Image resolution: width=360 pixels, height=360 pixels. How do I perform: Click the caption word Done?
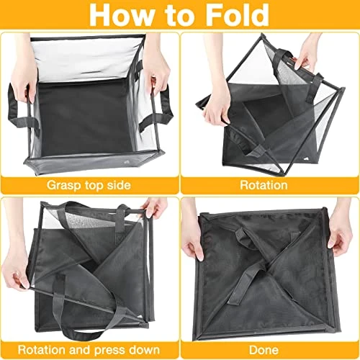(x=264, y=350)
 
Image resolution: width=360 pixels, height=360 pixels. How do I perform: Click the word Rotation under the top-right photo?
(x=264, y=185)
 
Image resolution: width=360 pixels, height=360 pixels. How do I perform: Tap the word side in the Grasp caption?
(x=119, y=185)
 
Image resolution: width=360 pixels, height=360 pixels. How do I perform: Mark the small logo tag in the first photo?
(x=127, y=162)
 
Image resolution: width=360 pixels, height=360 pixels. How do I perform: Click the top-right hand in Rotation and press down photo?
(x=153, y=207)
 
